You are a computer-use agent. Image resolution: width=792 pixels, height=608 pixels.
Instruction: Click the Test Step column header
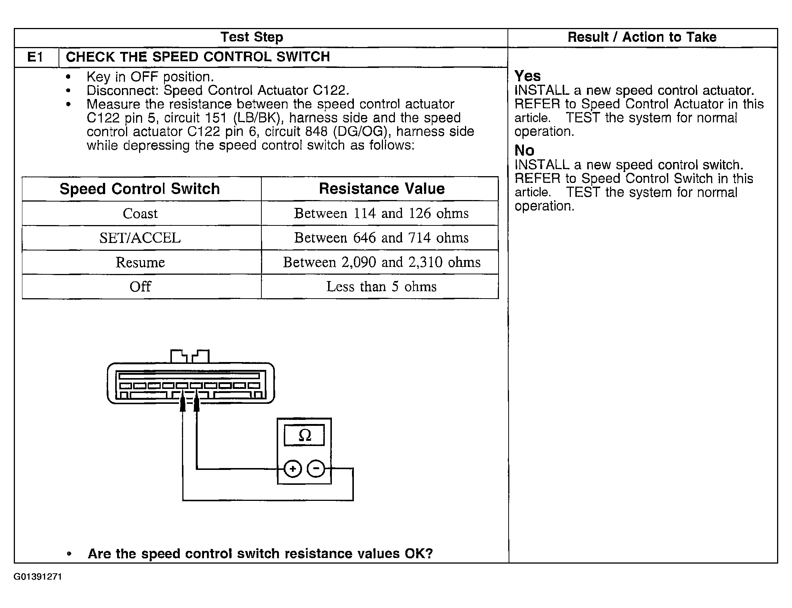tap(252, 37)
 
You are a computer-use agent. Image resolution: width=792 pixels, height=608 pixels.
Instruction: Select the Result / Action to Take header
tap(642, 37)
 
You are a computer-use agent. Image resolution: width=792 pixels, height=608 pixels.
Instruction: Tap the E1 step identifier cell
tap(35, 57)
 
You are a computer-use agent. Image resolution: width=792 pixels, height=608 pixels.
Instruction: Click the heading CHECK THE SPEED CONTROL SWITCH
tap(198, 57)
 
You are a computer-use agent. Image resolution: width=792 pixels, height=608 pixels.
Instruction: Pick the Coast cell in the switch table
tap(140, 213)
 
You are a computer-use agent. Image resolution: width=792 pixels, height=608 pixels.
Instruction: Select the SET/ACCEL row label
tap(140, 238)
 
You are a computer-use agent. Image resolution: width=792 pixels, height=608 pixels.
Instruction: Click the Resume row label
tap(140, 262)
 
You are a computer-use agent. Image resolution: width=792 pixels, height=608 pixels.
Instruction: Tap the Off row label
tap(140, 287)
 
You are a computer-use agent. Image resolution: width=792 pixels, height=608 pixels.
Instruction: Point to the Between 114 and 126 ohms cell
tap(381, 213)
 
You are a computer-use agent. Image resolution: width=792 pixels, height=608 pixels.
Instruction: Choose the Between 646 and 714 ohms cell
tap(381, 238)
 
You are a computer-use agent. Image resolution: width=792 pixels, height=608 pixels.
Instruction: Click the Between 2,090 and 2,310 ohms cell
tap(381, 262)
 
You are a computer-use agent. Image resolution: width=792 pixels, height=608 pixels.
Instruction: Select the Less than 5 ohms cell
tap(381, 287)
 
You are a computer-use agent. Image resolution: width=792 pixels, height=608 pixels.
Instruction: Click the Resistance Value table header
tap(381, 189)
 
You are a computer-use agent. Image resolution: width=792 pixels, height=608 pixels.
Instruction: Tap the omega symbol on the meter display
tap(305, 435)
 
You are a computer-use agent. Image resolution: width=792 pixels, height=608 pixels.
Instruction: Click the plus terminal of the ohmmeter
tap(293, 469)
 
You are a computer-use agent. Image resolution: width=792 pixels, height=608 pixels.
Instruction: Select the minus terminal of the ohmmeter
tap(316, 469)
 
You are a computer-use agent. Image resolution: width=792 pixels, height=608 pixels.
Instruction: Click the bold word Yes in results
tap(527, 76)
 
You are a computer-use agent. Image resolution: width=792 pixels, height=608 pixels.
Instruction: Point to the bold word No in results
tap(524, 150)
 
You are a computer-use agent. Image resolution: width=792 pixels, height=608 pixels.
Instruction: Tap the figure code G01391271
tap(38, 577)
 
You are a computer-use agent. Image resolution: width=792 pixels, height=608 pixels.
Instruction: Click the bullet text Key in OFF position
tap(150, 77)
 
